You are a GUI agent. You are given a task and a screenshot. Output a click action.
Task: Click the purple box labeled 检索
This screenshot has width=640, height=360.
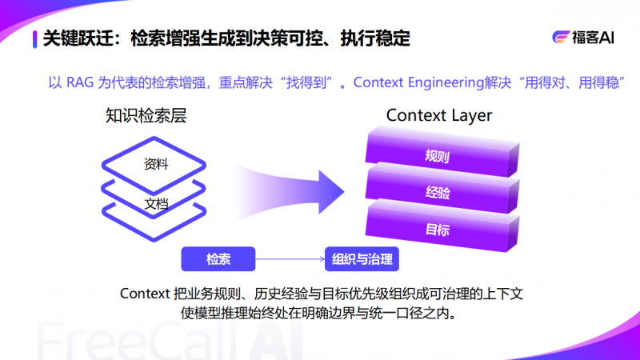218,259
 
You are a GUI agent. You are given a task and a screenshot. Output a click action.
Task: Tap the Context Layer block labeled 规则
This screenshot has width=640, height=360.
437,155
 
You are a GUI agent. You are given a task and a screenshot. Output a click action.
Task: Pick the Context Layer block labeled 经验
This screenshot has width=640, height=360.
437,193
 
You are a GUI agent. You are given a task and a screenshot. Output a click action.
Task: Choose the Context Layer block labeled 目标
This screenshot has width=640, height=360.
437,230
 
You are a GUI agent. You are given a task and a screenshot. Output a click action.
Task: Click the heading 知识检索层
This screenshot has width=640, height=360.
146,116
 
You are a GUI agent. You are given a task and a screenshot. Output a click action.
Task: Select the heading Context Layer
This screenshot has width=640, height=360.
439,115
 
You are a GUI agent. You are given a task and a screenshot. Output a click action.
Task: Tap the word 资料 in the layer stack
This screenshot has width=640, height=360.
156,165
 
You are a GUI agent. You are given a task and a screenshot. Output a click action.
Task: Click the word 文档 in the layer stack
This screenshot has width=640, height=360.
156,203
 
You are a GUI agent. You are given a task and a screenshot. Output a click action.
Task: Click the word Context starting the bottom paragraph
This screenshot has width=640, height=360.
144,293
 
